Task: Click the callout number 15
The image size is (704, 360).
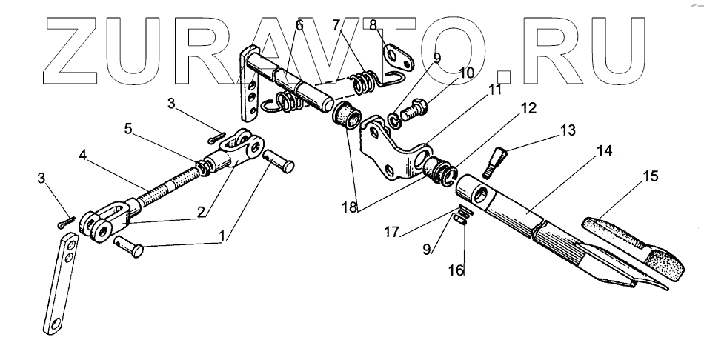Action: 650,178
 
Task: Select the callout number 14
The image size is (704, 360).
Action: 604,151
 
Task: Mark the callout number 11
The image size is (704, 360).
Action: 494,91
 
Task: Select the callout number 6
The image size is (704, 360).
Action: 299,24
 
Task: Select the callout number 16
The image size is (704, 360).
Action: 456,270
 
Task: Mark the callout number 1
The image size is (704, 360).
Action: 223,239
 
